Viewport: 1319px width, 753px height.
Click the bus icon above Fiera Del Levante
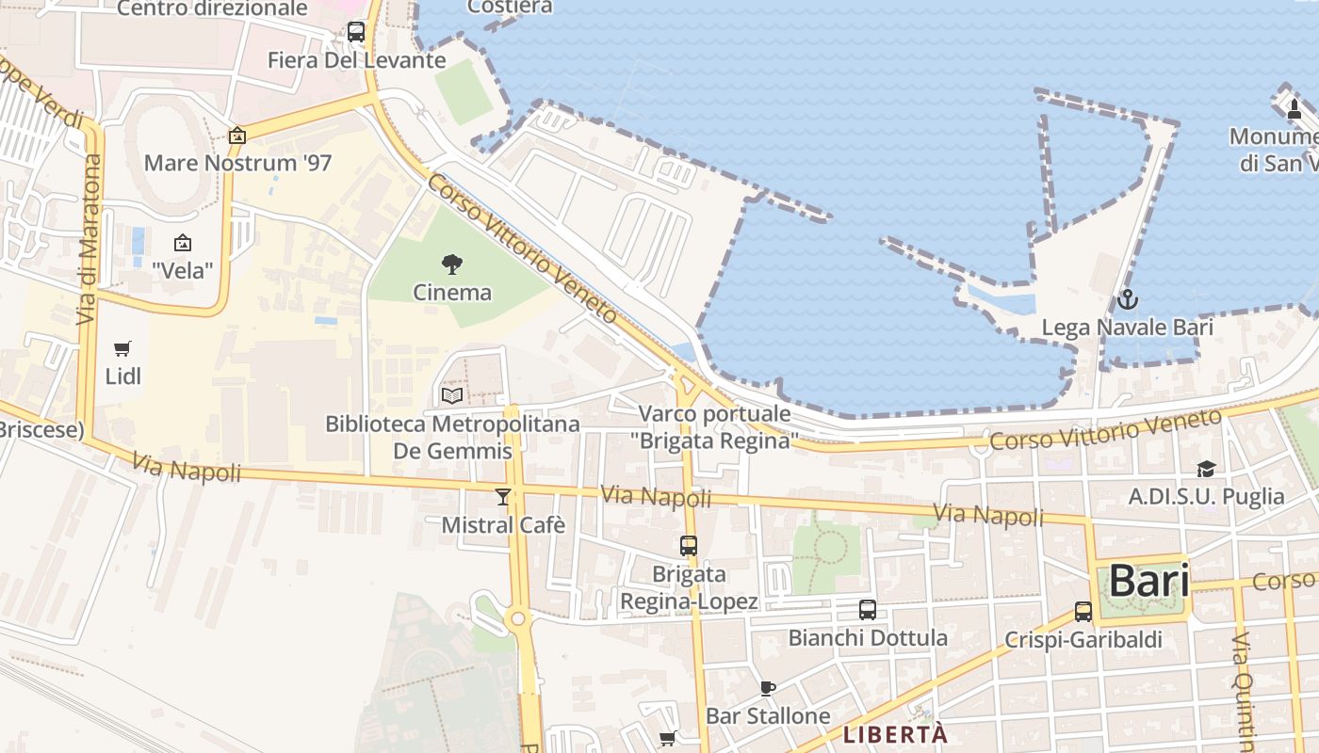355,31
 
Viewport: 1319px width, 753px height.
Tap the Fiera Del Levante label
356,60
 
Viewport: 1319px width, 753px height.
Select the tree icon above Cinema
452,264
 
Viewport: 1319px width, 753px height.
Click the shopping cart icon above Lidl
122,349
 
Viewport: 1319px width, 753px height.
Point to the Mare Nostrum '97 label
237,163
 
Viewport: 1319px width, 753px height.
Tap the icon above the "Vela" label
183,243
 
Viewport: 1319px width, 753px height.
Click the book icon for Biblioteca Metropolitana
452,395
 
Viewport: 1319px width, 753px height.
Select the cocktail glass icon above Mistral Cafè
503,496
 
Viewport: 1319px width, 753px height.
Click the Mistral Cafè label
503,524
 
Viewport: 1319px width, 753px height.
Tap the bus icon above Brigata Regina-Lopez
689,545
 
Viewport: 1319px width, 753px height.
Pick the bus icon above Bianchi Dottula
868,609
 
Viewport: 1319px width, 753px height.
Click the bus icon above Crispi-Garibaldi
1083,611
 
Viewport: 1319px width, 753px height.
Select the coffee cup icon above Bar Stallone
768,688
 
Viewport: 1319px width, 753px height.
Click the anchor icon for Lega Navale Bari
1127,300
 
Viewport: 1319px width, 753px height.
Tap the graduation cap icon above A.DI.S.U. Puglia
1206,469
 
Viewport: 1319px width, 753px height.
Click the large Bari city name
1148,581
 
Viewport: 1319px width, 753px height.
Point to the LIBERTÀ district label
894,734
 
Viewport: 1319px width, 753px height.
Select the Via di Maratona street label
90,239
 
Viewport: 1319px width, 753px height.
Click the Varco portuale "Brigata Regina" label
715,426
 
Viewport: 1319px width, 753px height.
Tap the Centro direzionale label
212,8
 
